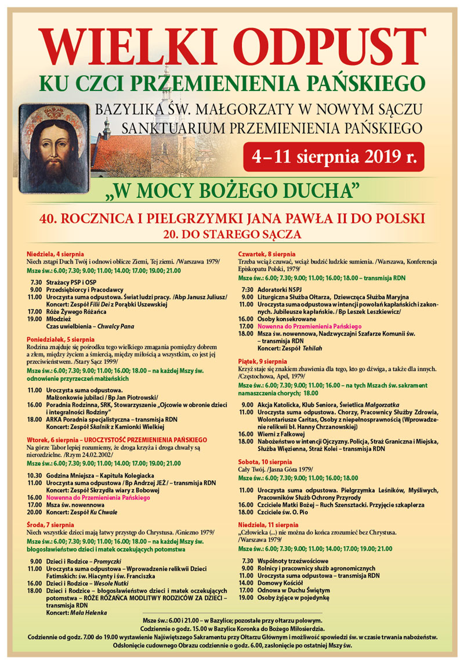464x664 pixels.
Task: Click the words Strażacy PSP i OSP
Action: [x=69, y=282]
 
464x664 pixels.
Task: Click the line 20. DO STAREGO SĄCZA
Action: [x=232, y=234]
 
